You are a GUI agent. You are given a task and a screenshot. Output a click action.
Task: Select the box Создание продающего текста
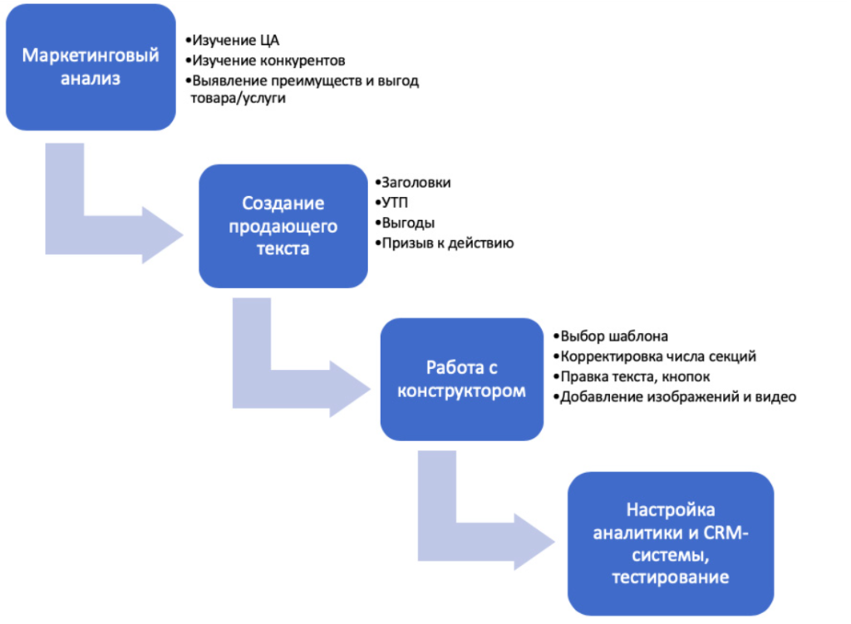(283, 225)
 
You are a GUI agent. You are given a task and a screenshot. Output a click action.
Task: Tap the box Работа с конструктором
(461, 379)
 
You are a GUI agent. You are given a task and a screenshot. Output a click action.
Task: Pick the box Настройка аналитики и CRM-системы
(670, 543)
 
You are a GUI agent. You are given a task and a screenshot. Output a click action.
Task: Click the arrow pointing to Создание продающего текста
(108, 220)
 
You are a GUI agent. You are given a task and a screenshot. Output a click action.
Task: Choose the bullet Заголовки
(416, 182)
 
